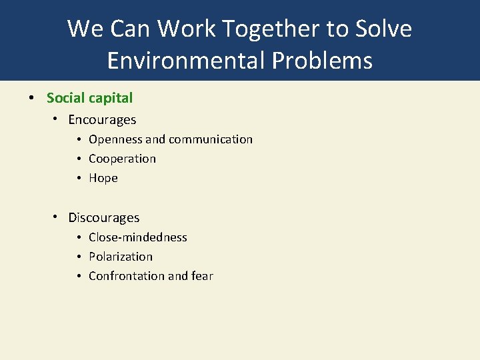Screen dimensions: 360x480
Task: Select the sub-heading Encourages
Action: coord(102,120)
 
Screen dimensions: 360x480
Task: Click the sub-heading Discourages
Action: coord(104,218)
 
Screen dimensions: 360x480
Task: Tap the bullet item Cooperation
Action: coord(122,159)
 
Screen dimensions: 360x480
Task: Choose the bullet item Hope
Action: coord(103,178)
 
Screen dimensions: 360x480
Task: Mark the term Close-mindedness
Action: coord(138,237)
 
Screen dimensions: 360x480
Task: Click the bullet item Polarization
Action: coord(121,257)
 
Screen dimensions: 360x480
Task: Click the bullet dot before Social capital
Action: coord(31,98)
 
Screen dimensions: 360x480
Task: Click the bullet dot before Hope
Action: coord(79,178)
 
